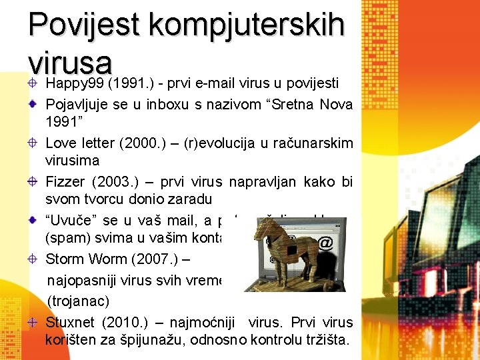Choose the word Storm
point(65,258)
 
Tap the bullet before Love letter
point(32,143)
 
